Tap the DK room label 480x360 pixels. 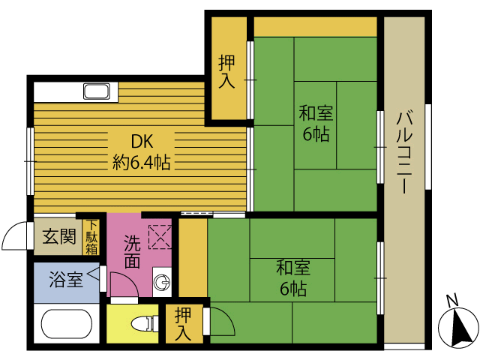(142, 141)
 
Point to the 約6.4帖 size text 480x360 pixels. (142, 161)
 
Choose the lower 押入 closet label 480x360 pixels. (183, 322)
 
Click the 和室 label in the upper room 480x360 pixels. (316, 114)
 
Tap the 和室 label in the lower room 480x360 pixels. (293, 267)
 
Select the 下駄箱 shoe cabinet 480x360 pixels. (91, 236)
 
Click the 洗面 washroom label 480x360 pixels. (132, 252)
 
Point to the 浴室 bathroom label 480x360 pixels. (65, 281)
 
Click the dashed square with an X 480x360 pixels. (160, 238)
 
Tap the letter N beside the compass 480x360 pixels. (452, 301)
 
